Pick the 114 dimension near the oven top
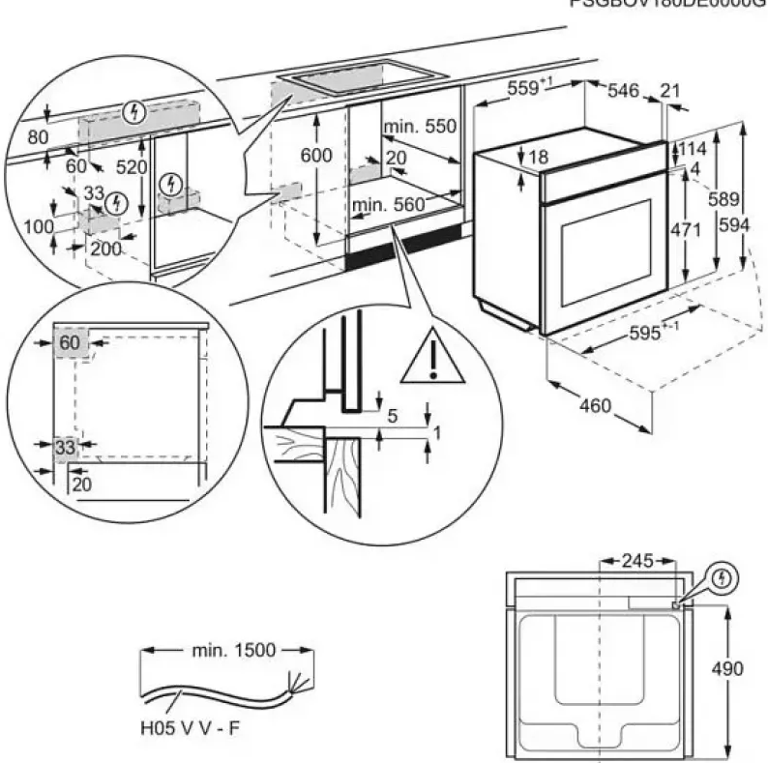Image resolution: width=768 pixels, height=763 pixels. pyautogui.click(x=692, y=150)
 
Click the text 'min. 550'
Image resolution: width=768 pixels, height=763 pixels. pyautogui.click(x=419, y=127)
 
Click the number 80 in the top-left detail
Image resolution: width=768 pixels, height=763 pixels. pyautogui.click(x=38, y=137)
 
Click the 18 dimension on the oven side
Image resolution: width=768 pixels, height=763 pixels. pyautogui.click(x=539, y=157)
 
